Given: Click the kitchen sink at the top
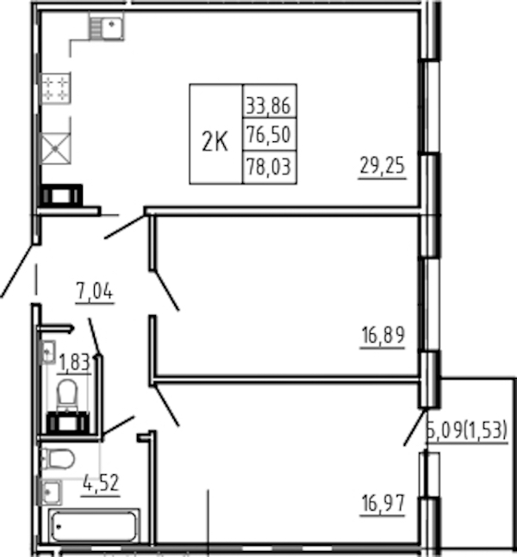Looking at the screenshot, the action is pos(106,25).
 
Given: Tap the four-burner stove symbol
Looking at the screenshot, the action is pos(56,89).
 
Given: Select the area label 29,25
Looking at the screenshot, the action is pos(383,166).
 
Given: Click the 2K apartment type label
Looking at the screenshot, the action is pos(215,141).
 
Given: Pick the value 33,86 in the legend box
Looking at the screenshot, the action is pos(269,106).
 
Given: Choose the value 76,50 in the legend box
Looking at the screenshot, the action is pos(269,134).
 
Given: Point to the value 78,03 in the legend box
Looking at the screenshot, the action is pos(269,167).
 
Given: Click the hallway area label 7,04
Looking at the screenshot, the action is pos(95,292).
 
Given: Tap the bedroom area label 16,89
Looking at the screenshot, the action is pos(383,336).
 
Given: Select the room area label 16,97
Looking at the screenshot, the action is pos(383,504).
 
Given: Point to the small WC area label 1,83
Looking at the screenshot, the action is pos(75,362).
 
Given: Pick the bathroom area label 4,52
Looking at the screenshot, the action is pos(101,484).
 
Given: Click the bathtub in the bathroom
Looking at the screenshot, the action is pos(94,526).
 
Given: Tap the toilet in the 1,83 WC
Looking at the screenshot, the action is pos(67,394).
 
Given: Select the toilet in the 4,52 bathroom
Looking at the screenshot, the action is pos(58,459).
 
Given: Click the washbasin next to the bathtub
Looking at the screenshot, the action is pos(51,492).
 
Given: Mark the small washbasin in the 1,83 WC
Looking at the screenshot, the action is pos(49,352).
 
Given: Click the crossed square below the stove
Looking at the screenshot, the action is pos(56,148).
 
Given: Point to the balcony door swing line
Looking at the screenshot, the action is pos(415,427).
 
